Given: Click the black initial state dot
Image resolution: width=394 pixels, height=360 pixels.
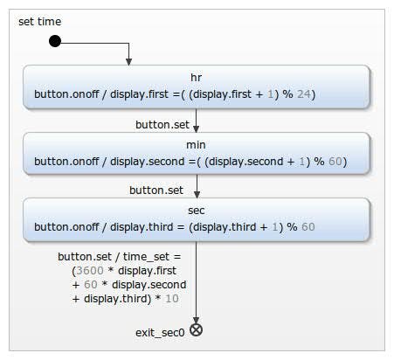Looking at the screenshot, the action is [x=55, y=41].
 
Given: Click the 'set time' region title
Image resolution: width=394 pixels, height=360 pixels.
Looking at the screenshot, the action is [x=40, y=22].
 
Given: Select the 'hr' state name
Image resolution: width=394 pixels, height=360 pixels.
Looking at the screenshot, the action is [x=196, y=78].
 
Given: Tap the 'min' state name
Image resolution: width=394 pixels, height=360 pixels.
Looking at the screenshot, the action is [x=196, y=145].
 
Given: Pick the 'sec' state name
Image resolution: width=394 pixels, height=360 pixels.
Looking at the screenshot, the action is [x=197, y=211].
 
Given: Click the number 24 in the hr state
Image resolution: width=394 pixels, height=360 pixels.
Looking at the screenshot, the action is [x=304, y=94].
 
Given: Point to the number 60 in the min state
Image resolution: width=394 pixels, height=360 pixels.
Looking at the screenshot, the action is [x=335, y=162].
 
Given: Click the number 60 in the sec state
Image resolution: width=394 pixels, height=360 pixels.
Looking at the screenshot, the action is [x=308, y=227].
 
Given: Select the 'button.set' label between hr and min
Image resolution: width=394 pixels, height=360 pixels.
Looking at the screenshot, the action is [x=162, y=125].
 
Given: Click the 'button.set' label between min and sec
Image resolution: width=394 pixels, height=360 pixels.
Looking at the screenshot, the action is [x=156, y=190].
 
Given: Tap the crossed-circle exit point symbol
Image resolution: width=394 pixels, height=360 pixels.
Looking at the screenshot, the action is [x=197, y=330].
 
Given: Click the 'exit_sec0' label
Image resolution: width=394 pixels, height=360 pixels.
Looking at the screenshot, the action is [x=160, y=333].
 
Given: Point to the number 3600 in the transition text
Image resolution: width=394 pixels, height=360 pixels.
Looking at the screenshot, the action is [x=90, y=271].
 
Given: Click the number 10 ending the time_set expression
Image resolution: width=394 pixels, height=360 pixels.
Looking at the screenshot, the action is [x=172, y=299].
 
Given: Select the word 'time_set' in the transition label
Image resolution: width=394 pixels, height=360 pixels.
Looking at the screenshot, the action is [x=146, y=257].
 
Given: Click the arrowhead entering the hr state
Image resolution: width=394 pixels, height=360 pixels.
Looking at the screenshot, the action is [x=128, y=61].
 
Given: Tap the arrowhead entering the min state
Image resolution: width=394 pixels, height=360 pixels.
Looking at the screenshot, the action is [x=197, y=128].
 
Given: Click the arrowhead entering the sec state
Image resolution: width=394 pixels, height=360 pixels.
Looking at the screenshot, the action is [x=197, y=194].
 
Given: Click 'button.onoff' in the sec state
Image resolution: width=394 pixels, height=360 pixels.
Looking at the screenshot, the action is [x=66, y=227].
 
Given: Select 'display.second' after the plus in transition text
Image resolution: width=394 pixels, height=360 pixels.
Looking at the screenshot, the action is [x=149, y=285].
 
